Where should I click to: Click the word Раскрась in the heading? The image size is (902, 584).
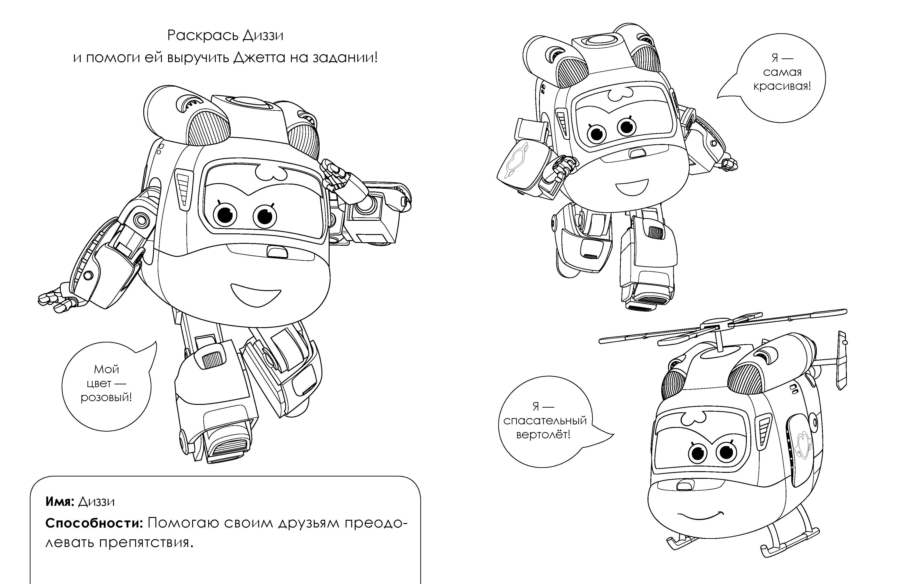(203, 36)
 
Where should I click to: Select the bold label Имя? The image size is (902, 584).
(60, 502)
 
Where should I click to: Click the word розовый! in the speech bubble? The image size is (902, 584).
(107, 398)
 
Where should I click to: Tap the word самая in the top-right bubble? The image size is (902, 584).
(782, 72)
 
